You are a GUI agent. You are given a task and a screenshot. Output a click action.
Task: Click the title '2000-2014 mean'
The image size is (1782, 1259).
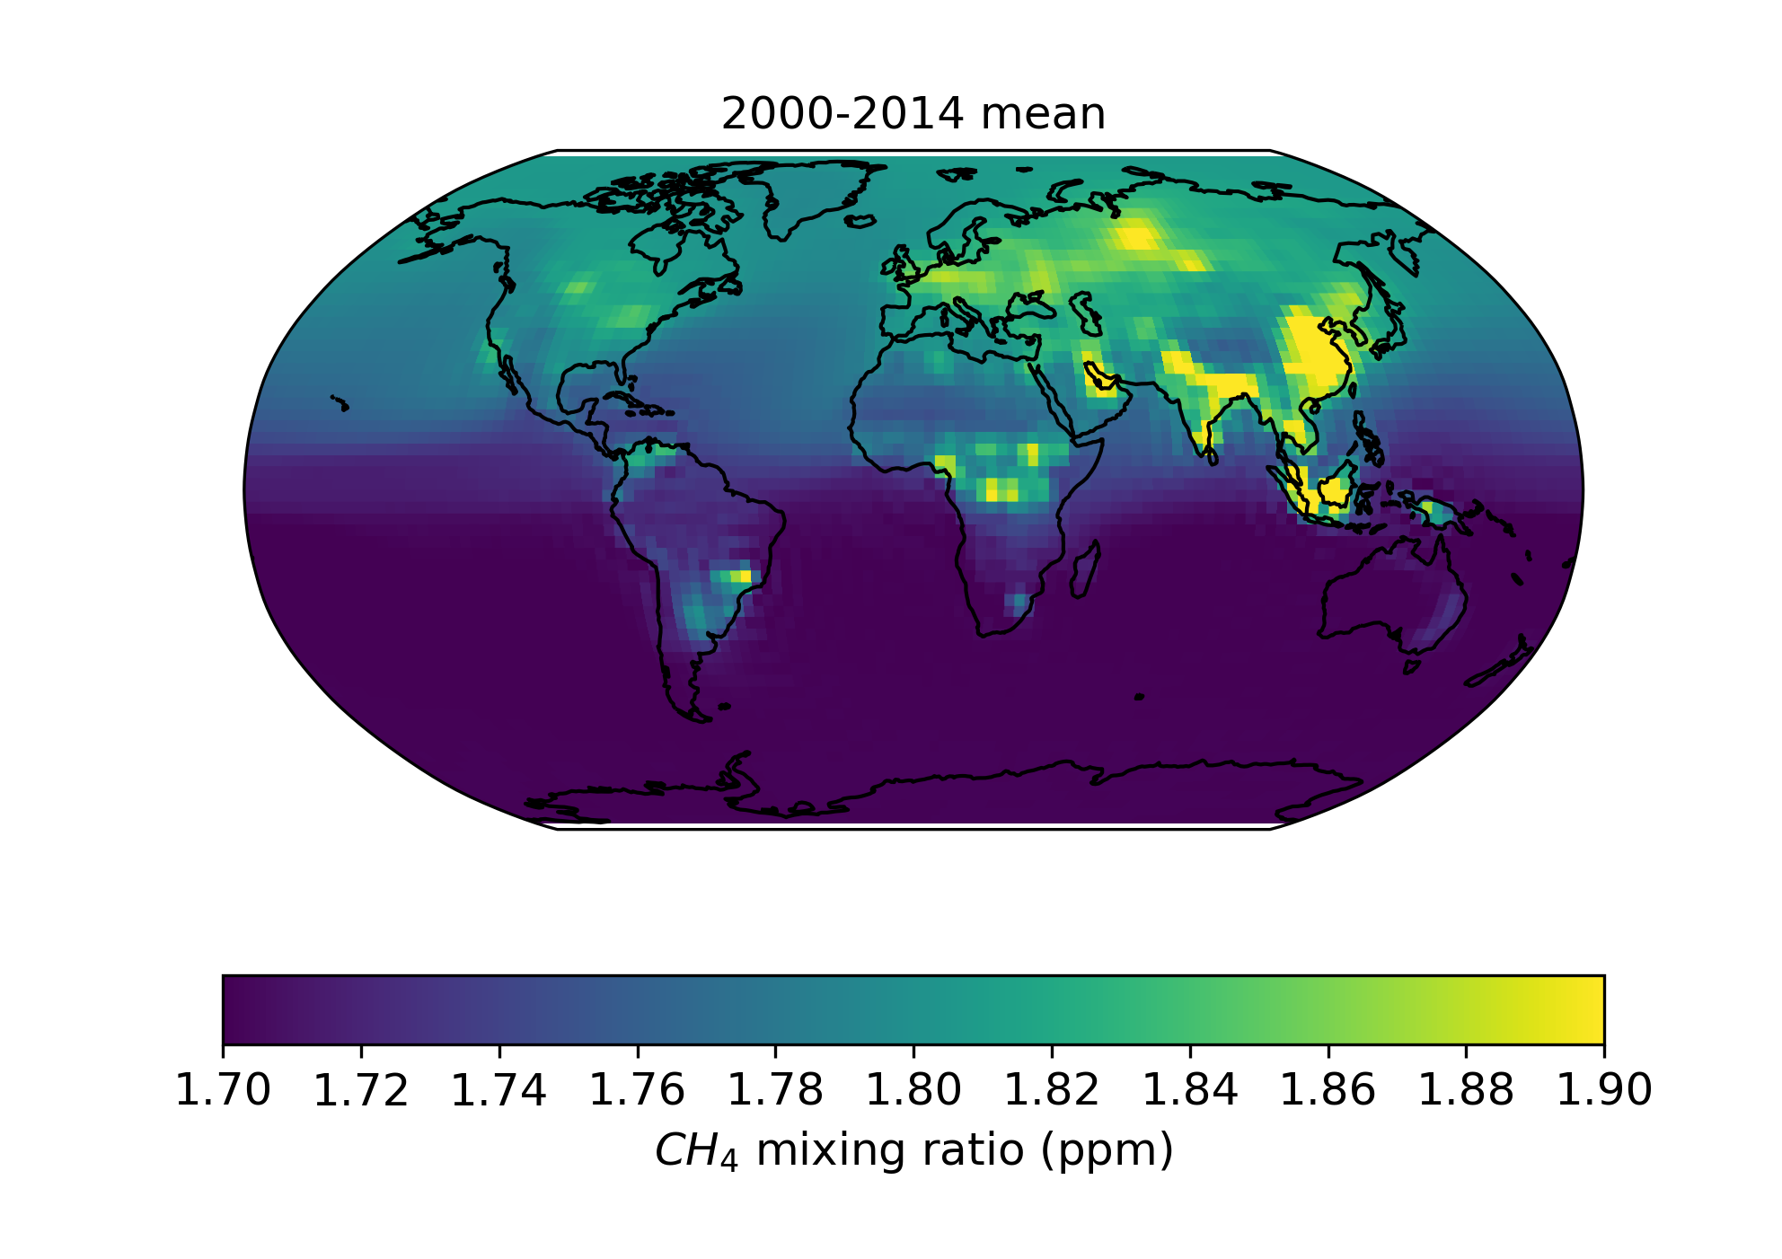pos(913,114)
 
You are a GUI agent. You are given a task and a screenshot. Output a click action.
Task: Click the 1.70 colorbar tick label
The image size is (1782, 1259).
pos(223,1090)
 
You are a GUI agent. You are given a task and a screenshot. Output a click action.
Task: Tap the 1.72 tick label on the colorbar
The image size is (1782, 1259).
pos(361,1090)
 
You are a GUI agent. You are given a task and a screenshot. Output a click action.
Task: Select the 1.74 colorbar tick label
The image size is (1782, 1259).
pos(498,1090)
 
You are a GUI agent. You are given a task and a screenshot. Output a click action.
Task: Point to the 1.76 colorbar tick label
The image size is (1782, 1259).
pos(637,1090)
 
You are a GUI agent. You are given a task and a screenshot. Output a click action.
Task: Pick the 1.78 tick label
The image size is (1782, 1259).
pos(775,1090)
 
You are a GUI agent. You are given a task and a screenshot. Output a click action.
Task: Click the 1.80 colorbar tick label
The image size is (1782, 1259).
pos(913,1090)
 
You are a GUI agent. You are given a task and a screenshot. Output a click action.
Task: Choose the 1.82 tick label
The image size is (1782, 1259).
pos(1052,1090)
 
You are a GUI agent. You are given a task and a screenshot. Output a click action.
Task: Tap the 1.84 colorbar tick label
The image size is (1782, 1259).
pos(1190,1090)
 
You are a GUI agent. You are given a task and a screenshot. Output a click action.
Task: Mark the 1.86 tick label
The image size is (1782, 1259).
pos(1328,1090)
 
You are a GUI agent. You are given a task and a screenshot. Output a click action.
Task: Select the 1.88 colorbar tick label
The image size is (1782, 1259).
pos(1466,1090)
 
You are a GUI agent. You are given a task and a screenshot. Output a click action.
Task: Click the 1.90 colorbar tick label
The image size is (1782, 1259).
pos(1604,1090)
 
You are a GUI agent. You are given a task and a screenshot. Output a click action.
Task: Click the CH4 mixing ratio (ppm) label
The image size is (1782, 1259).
pos(913,1150)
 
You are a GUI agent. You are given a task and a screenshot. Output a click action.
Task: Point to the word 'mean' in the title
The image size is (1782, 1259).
pos(1043,114)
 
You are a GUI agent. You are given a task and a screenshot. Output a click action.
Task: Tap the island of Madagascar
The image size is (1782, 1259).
pos(1084,571)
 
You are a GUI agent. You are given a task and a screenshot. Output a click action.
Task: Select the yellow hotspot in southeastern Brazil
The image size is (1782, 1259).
pos(741,575)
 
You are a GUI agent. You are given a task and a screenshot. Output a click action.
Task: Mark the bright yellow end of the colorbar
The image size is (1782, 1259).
pos(1590,1008)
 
